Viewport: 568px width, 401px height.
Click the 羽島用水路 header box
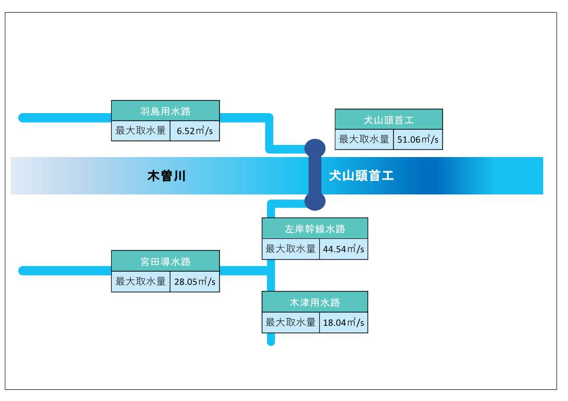165,111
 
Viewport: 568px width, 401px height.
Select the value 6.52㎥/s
195,131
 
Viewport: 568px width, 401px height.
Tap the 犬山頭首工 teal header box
388,120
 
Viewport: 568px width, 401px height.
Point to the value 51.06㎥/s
418,140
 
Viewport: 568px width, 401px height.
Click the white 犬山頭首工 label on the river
361,176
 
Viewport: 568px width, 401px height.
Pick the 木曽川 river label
166,176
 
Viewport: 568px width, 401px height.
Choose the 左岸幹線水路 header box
315,229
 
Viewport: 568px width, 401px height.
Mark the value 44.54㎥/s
343,249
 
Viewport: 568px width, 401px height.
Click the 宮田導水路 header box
165,261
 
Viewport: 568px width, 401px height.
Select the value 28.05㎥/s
195,282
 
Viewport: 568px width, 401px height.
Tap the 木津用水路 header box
315,302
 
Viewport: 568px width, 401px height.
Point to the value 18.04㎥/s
343,322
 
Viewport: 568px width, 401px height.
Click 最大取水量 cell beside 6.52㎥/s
141,131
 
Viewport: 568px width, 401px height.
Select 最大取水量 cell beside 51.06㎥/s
364,140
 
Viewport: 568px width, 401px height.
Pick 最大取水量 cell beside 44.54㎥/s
291,249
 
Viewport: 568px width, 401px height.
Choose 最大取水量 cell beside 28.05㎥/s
141,282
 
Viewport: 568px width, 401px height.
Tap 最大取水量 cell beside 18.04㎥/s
291,322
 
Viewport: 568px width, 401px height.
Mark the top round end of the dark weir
315,147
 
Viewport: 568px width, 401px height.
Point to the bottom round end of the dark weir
315,201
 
